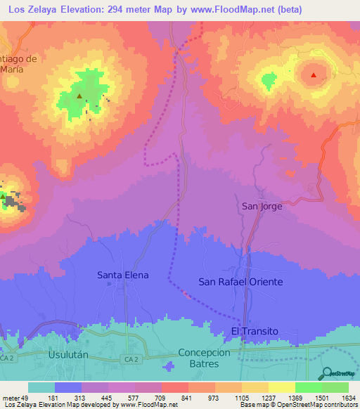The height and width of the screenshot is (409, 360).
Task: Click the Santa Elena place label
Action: tap(122, 275)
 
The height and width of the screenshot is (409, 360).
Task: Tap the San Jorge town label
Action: tap(262, 206)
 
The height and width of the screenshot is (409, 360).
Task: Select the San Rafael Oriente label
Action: tap(240, 282)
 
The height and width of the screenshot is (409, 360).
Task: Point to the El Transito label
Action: tap(255, 330)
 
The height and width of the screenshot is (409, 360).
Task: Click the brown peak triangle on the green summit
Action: tap(79, 96)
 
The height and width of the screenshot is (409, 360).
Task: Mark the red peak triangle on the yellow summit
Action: tap(314, 74)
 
